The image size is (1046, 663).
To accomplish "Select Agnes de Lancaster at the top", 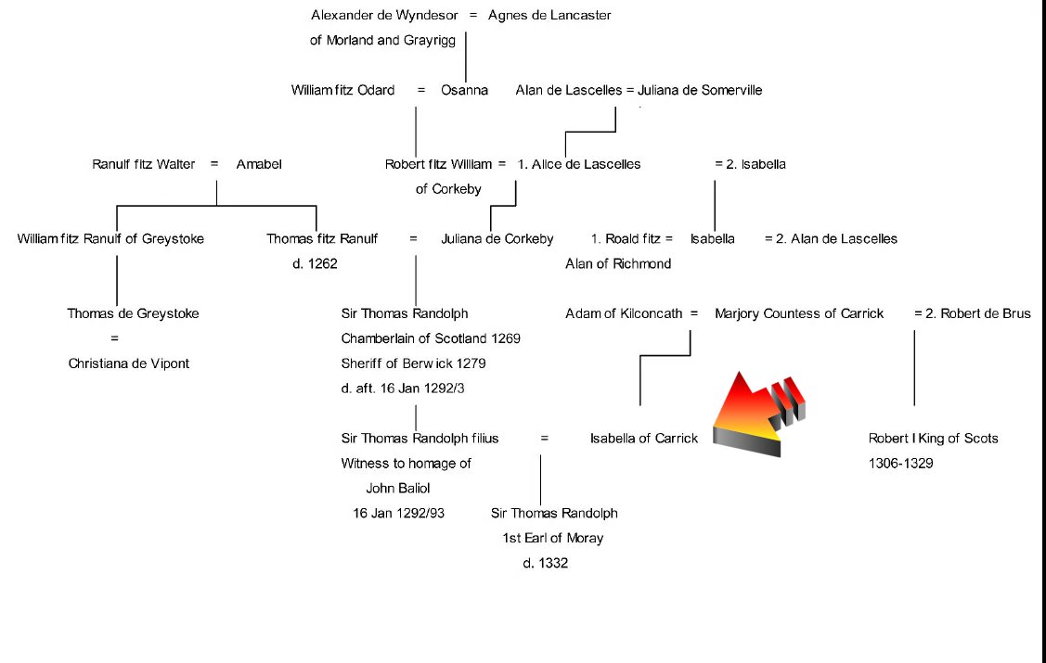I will click(x=549, y=15).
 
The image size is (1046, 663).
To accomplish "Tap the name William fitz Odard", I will click(x=342, y=90).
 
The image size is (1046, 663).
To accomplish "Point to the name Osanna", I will click(x=464, y=90).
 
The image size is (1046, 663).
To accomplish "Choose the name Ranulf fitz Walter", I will click(x=144, y=164).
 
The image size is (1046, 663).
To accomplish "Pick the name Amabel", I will click(x=259, y=164).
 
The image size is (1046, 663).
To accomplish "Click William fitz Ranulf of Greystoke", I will click(x=110, y=238).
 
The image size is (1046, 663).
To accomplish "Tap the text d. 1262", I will click(x=315, y=263).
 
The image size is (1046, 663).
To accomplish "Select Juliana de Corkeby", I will click(x=497, y=238).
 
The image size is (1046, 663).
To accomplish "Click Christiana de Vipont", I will click(x=129, y=363).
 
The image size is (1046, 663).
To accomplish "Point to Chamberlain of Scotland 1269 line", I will click(x=431, y=338).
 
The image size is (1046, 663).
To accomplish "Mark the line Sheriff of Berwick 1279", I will click(x=413, y=363).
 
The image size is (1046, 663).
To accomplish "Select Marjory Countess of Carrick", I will click(x=799, y=313).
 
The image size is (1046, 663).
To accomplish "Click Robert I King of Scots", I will click(x=933, y=438).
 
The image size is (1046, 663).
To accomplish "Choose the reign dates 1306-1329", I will click(x=900, y=463).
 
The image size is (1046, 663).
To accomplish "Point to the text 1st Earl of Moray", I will click(x=552, y=538).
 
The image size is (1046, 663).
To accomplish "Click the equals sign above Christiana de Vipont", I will click(x=114, y=338).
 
